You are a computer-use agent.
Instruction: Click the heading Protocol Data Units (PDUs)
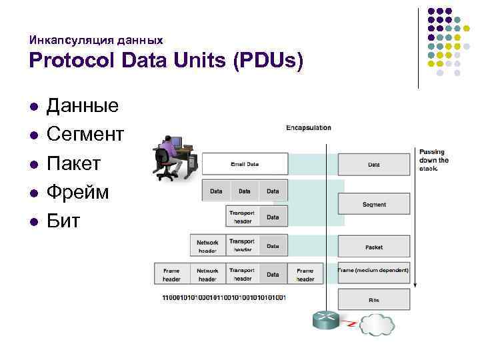click(x=166, y=61)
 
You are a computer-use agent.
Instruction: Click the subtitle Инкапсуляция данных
click(x=96, y=40)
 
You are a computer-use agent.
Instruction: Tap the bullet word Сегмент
click(x=85, y=134)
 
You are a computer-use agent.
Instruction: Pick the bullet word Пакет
click(x=73, y=163)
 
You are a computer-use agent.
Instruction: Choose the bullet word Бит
click(x=63, y=221)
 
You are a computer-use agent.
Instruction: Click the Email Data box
click(x=245, y=164)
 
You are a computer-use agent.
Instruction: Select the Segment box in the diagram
click(x=374, y=205)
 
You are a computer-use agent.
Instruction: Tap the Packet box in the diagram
click(x=374, y=247)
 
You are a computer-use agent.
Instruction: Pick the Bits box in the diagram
click(x=374, y=300)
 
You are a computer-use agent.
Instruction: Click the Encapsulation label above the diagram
click(x=308, y=127)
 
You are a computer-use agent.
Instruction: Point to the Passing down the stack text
click(x=434, y=160)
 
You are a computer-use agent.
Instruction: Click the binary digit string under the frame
click(x=224, y=297)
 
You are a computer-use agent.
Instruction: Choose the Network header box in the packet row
click(x=207, y=246)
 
